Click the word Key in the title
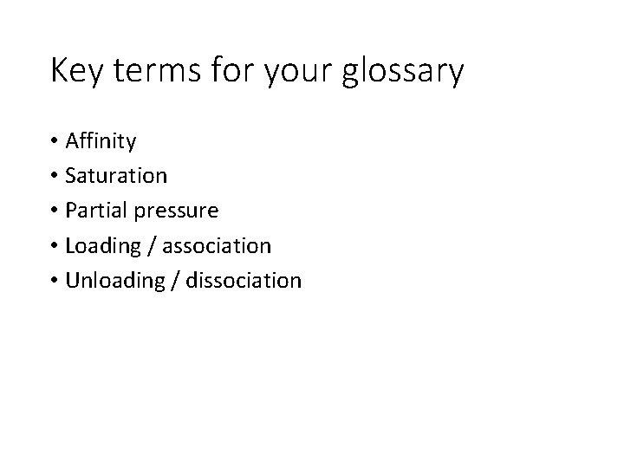point(75,71)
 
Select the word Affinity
point(101,140)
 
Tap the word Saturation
point(116,175)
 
